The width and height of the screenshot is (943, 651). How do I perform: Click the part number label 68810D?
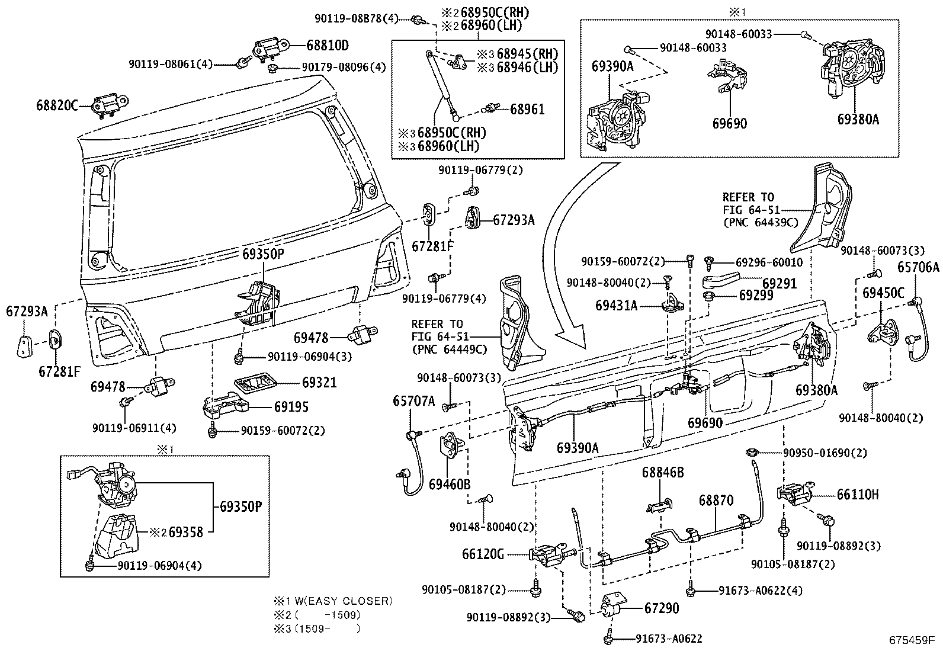click(328, 45)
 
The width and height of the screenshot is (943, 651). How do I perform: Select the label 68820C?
click(57, 105)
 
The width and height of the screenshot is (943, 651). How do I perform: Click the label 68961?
click(527, 109)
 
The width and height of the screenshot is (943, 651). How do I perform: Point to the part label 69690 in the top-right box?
click(729, 123)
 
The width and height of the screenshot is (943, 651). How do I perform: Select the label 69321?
click(319, 383)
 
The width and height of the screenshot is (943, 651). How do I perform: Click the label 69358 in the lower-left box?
click(185, 532)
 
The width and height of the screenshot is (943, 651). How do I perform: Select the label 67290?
click(662, 608)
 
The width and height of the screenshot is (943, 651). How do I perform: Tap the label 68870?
click(716, 501)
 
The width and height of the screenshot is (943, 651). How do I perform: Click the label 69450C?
click(883, 293)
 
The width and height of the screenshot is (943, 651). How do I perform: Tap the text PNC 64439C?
click(761, 222)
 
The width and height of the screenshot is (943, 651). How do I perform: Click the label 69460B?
click(450, 484)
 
